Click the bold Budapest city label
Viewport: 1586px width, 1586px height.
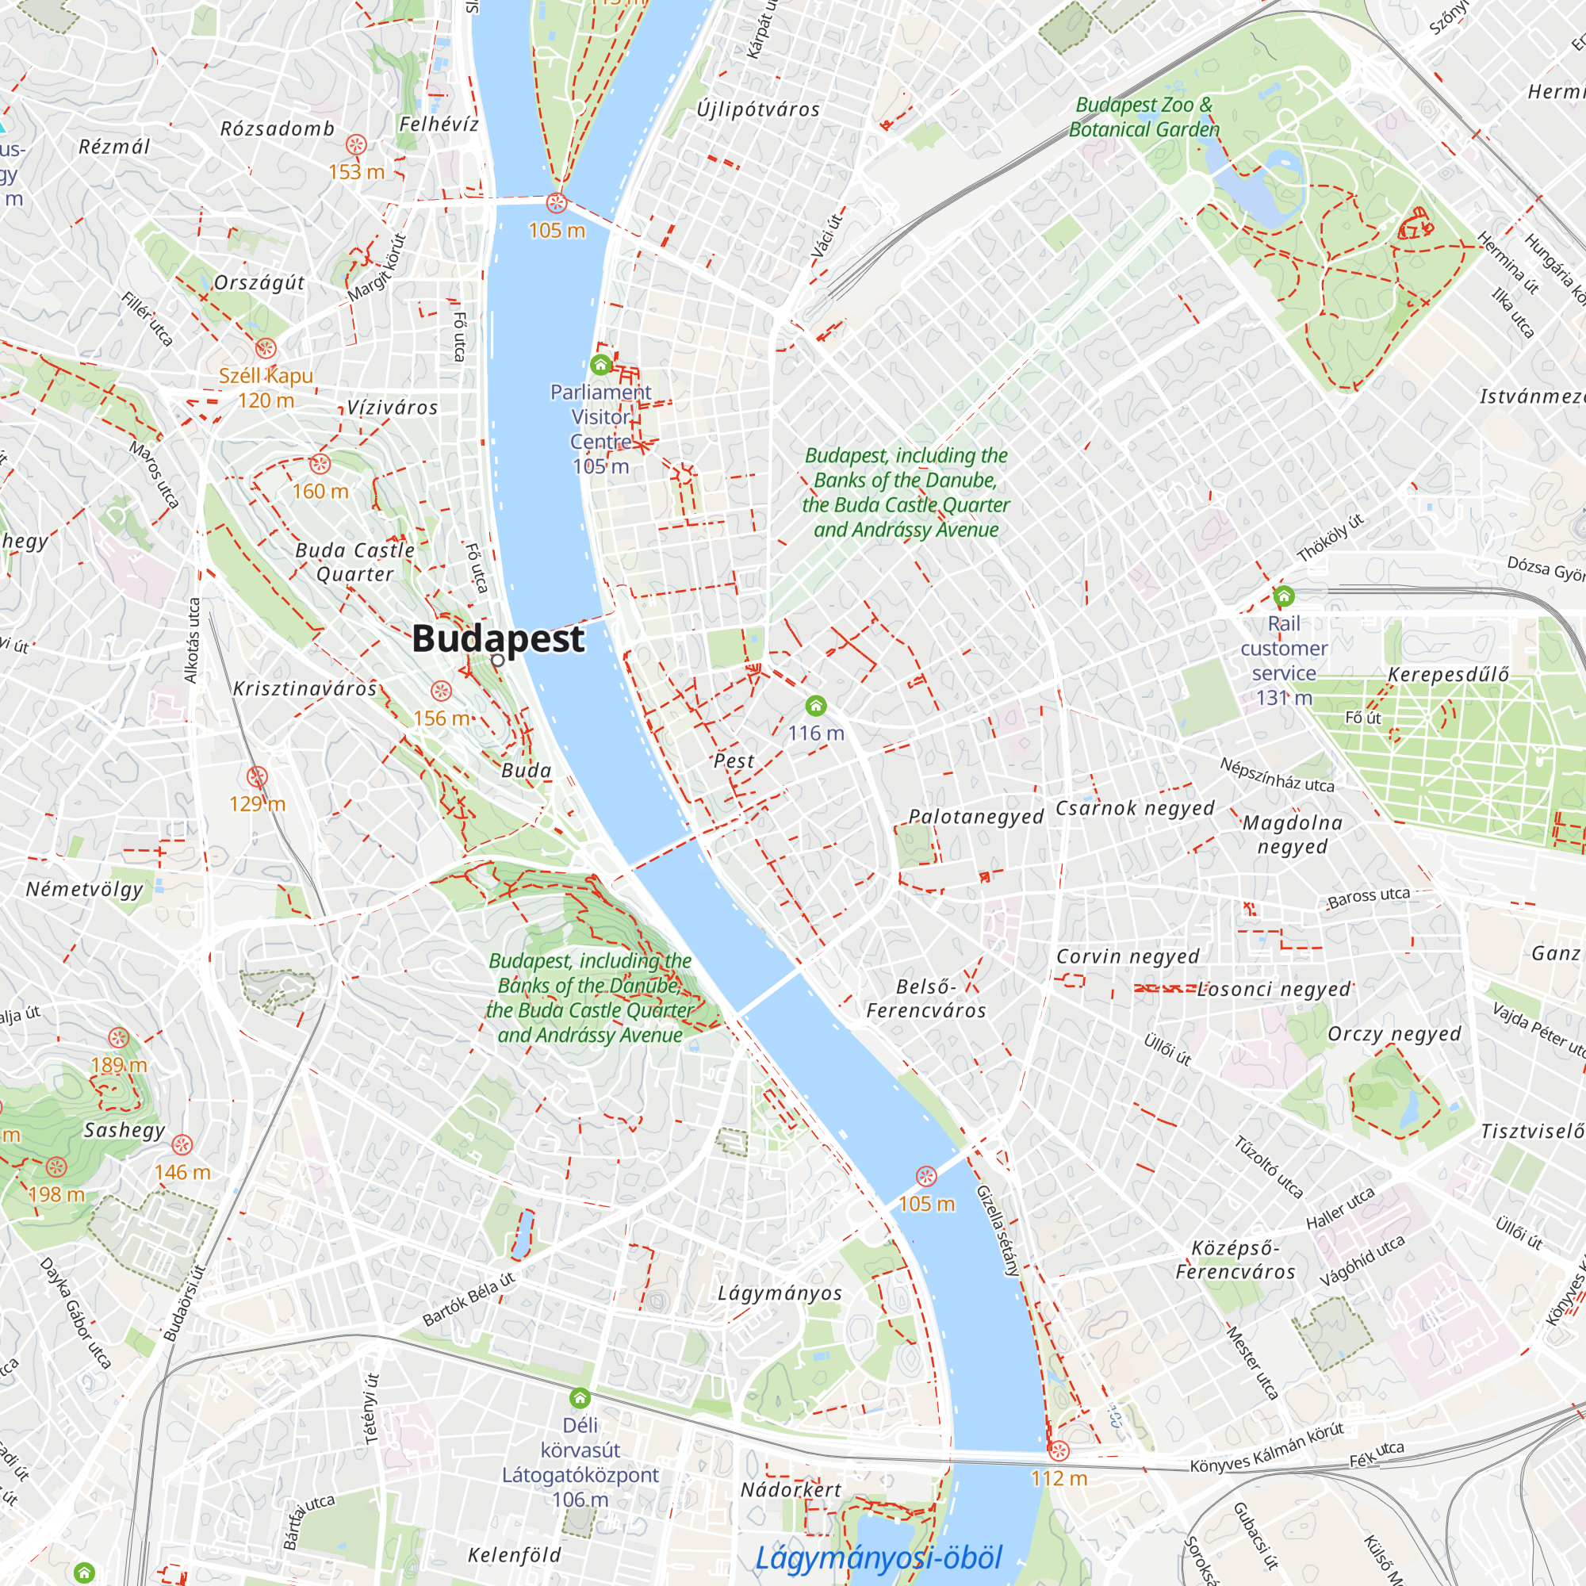(x=497, y=638)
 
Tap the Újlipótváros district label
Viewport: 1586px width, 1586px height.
(x=757, y=109)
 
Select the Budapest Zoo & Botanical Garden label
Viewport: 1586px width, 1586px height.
(x=1144, y=117)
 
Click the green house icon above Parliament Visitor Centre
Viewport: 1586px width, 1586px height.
(x=600, y=364)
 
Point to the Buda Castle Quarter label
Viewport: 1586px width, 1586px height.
(x=354, y=561)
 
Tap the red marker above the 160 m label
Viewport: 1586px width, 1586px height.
(x=320, y=464)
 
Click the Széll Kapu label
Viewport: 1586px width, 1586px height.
(x=266, y=376)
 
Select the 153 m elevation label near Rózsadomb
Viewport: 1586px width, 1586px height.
(x=356, y=171)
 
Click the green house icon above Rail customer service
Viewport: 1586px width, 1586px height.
(x=1283, y=596)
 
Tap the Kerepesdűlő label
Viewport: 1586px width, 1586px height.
(x=1448, y=675)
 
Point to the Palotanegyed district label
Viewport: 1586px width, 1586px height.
(x=975, y=817)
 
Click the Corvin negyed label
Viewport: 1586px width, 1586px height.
(x=1127, y=956)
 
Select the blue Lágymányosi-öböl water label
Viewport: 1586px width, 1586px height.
(x=879, y=1557)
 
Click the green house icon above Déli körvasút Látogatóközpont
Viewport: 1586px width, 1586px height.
(x=580, y=1397)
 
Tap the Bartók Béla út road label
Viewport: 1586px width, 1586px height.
(x=468, y=1300)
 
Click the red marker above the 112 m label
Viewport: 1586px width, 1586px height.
(x=1059, y=1450)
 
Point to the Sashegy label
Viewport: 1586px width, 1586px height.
(x=125, y=1130)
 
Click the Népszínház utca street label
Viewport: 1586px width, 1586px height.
(x=1277, y=775)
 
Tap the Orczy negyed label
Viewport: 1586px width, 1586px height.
(x=1394, y=1033)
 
